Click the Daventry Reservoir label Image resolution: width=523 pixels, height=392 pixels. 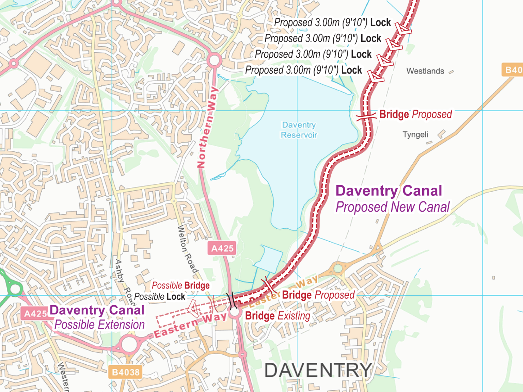tap(299, 130)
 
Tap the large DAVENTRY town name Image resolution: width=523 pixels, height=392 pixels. tap(318, 370)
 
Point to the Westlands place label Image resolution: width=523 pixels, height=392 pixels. tap(425, 71)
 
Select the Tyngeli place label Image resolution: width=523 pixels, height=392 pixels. tap(415, 134)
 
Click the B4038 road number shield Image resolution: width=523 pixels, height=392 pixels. tap(126, 372)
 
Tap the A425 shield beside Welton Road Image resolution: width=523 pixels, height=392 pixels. tap(222, 248)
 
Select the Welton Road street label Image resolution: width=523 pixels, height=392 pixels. tap(188, 249)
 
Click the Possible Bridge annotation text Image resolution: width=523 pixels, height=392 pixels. tap(180, 285)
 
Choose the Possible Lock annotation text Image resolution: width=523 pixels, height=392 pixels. tap(159, 297)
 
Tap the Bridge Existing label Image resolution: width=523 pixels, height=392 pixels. tap(278, 316)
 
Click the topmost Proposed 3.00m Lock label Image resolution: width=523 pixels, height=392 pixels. tap(332, 22)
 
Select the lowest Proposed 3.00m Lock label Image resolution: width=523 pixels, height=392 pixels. tap(303, 70)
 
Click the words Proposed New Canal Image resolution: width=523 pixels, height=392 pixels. tap(393, 207)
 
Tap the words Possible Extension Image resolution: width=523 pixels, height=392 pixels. tap(99, 325)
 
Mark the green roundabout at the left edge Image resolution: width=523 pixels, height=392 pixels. tap(15, 289)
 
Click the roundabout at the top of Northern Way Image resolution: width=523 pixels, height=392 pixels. tap(214, 61)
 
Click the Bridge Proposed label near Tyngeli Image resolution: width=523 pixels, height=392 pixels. tap(415, 114)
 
